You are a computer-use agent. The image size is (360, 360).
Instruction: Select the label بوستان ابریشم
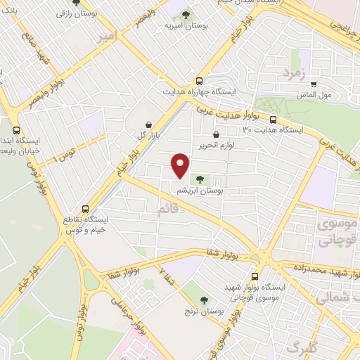click(198, 191)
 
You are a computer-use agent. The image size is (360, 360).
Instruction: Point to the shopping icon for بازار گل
click(148, 124)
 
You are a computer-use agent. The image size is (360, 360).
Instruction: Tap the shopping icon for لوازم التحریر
click(215, 134)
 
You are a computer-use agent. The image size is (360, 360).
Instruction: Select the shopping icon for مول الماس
click(313, 84)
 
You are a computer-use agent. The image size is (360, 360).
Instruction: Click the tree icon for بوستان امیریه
click(185, 14)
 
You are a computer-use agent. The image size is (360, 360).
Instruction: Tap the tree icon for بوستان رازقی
click(76, 3)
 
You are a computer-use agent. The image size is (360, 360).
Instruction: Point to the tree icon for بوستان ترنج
click(203, 300)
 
